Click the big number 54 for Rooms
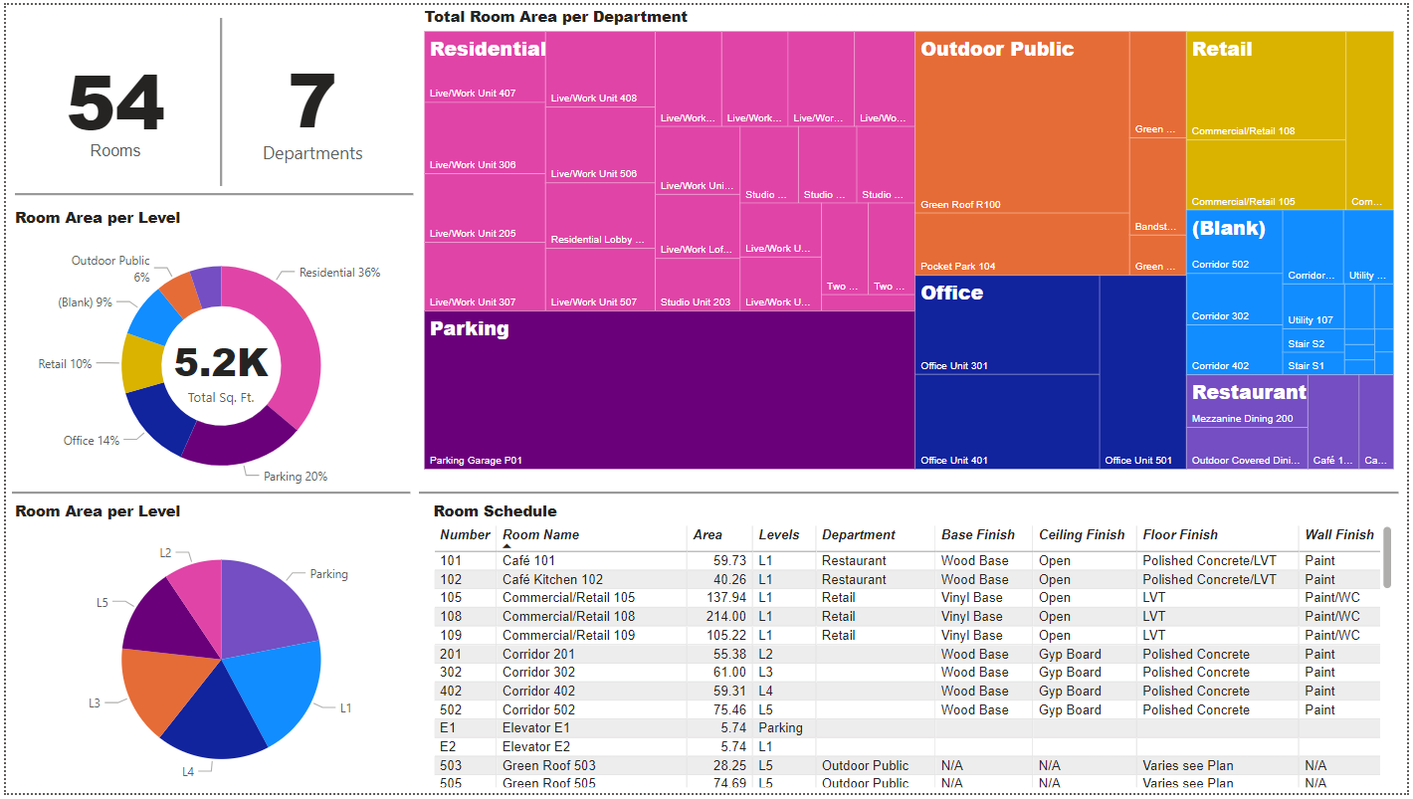(115, 103)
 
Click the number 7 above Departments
(311, 103)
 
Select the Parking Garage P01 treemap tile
(669, 398)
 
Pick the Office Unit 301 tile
(1007, 333)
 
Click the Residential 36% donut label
(339, 273)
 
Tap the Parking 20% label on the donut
(296, 477)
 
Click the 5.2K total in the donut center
(221, 363)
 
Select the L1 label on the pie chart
(346, 708)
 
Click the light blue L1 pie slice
(279, 687)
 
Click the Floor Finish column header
(1180, 535)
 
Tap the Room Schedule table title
(495, 511)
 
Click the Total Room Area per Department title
(555, 17)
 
